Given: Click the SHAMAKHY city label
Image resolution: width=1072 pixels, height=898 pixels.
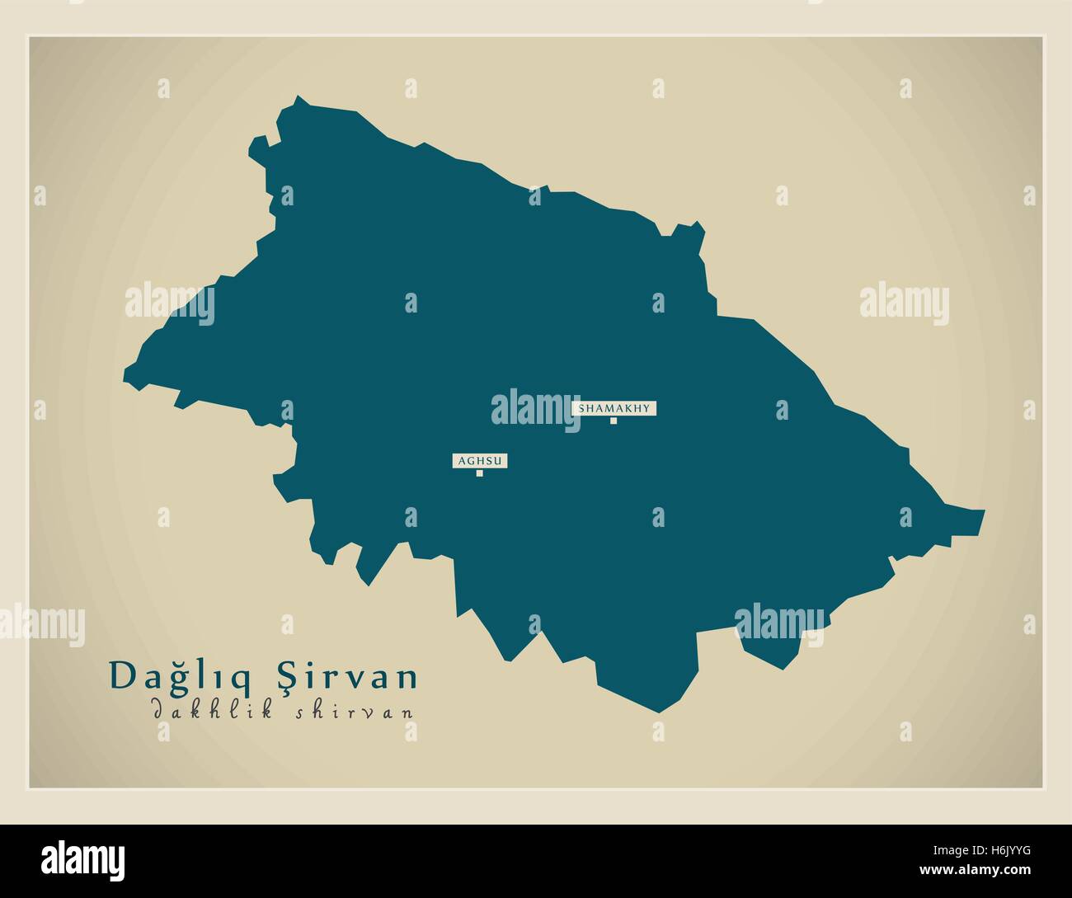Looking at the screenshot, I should tap(614, 408).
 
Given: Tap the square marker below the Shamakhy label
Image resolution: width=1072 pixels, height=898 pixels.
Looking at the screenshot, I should tap(614, 421).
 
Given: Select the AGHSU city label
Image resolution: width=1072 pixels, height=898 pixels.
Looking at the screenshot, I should tap(479, 461).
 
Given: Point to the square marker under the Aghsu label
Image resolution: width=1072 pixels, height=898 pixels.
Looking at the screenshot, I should tap(479, 473).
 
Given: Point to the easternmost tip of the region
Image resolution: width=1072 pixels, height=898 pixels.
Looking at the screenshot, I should tap(985, 511).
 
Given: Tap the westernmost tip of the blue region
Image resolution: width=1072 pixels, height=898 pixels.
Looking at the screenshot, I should tap(124, 381).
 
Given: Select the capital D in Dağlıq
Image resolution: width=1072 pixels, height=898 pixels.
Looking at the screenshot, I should tap(123, 676).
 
